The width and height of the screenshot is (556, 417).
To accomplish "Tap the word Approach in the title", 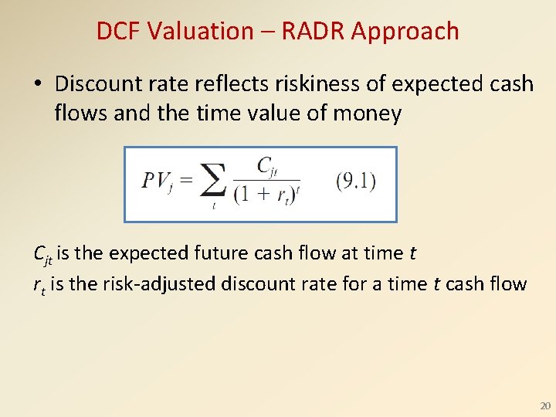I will click(409, 32).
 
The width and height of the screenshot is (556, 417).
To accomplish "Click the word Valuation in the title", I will click(201, 31).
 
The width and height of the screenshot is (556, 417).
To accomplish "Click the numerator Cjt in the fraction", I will click(267, 165).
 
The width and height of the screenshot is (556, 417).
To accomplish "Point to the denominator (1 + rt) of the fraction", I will click(266, 194).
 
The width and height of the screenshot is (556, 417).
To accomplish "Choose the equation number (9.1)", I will click(356, 181).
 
